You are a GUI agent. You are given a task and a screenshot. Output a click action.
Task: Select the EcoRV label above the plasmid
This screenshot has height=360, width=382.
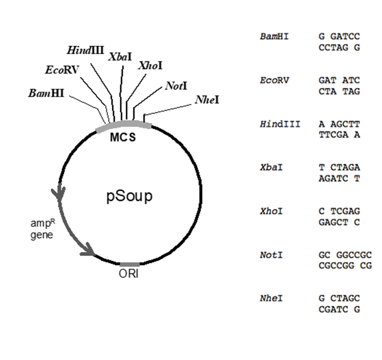(x=62, y=70)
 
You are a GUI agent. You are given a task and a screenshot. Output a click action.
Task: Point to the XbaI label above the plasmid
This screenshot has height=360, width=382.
(x=120, y=56)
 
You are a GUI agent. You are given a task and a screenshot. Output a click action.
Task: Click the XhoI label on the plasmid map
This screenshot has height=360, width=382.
(x=150, y=65)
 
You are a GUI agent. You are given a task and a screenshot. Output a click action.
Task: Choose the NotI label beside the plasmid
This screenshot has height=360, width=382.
(x=176, y=86)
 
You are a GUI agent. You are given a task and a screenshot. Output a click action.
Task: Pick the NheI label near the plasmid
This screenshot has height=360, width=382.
(x=207, y=100)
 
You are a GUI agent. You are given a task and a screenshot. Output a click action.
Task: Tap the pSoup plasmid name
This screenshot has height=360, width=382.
(x=129, y=196)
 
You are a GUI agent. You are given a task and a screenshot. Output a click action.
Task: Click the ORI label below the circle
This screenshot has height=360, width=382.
(x=129, y=274)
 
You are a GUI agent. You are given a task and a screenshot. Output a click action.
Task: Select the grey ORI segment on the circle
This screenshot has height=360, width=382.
(x=130, y=265)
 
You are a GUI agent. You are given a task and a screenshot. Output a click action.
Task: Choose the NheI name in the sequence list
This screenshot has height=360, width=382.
(x=271, y=298)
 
